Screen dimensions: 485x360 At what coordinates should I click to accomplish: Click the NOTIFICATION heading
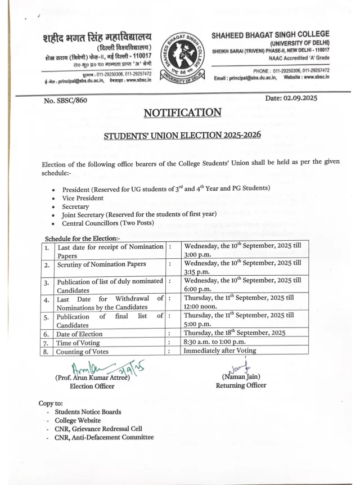pos(182,113)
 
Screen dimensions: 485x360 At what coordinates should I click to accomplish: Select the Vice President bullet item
pos(83,198)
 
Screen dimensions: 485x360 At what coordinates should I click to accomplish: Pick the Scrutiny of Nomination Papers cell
pos(102,264)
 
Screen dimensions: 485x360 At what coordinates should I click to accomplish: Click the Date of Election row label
pos(79,333)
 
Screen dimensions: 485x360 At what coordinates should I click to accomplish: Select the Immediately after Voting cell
pos(220,351)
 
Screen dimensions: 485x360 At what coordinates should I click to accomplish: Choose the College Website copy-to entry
pos(78,420)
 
